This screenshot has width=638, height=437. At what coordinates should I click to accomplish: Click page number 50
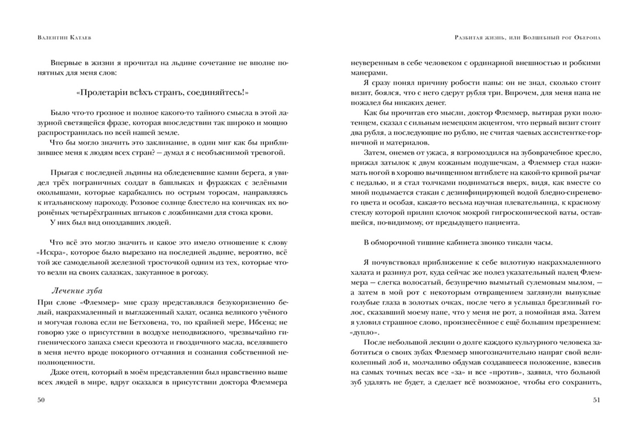click(40, 400)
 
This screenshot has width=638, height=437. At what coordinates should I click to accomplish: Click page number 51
click(596, 400)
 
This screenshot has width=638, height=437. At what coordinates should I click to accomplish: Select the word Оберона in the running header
click(586, 38)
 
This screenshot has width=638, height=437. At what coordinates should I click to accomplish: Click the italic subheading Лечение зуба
click(77, 291)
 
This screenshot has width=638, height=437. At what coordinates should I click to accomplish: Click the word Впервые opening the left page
click(64, 63)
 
